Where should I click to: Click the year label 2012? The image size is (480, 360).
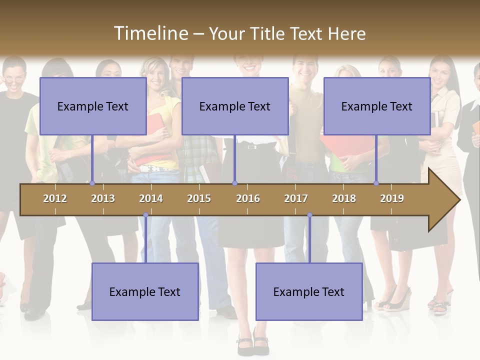coord(55,198)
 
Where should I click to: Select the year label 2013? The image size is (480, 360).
coord(103,198)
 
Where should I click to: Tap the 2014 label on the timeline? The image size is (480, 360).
coord(151,198)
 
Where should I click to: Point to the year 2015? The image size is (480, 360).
coord(199,198)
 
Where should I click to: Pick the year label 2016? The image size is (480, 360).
coord(248,198)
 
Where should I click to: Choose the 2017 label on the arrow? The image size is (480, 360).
coord(296,198)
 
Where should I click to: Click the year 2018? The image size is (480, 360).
coord(344,198)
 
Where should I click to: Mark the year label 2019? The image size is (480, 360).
coord(392,198)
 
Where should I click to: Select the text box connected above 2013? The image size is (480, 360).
coord(93,106)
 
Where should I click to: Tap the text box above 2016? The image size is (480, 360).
coord(235,106)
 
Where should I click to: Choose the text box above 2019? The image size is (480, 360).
coord(377,106)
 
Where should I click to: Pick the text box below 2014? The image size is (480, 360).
coord(145,291)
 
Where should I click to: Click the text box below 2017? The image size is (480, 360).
coord(309,291)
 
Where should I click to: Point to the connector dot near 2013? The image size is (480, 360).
coord(92,183)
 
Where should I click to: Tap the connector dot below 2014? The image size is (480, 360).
coord(145,215)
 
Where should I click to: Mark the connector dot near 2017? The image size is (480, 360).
coord(309,215)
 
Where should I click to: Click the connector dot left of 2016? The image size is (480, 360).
coord(234,183)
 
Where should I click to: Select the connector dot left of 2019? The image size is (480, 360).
coord(376,183)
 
